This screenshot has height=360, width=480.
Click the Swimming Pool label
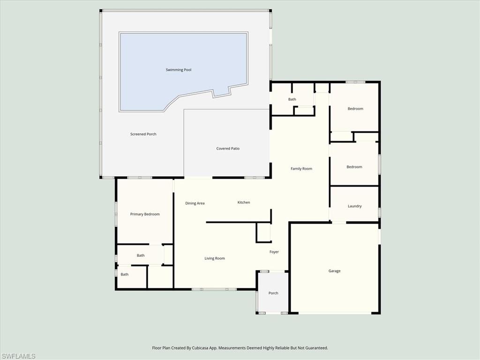point(178,70)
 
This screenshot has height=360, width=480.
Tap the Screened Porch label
point(143,134)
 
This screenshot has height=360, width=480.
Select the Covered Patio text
point(228,149)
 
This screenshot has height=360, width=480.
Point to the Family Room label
point(301,169)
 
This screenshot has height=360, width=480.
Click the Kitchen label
point(244,202)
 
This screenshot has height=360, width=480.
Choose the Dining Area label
point(195,203)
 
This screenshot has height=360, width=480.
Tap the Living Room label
point(215,258)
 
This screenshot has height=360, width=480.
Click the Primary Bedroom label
point(145,214)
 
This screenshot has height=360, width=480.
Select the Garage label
point(334,271)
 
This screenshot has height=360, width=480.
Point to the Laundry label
point(354,206)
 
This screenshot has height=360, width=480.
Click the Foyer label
point(274,252)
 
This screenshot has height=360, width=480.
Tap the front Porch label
point(273,293)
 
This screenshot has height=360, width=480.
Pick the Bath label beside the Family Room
point(292,99)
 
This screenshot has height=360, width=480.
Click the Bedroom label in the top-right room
point(355,109)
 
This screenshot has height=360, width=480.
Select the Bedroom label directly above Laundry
point(354,167)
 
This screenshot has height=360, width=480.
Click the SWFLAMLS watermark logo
point(18,356)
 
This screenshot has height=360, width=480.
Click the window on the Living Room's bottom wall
point(214,289)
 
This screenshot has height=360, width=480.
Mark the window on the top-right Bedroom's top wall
point(355,82)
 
